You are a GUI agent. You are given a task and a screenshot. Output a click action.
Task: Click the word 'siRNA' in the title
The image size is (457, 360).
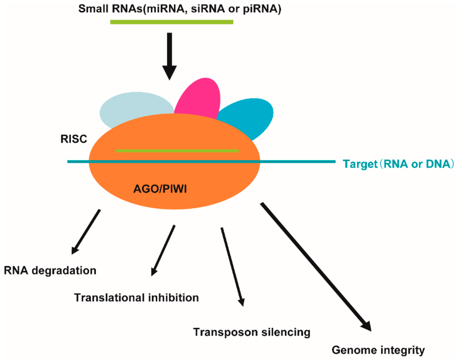[x=224, y=9]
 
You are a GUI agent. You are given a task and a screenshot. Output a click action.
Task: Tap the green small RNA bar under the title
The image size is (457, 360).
[x=172, y=21]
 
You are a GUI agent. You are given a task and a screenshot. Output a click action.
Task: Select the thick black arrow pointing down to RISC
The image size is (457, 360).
[x=170, y=56]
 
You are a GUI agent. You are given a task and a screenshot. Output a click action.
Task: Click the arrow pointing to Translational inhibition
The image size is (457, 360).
[x=163, y=250]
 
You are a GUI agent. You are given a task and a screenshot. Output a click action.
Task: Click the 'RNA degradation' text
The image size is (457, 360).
[x=50, y=270]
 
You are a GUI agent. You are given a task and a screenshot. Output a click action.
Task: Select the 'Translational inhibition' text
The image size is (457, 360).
[x=137, y=298]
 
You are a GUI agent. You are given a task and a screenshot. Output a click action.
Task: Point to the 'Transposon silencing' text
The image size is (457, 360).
[x=251, y=332]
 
